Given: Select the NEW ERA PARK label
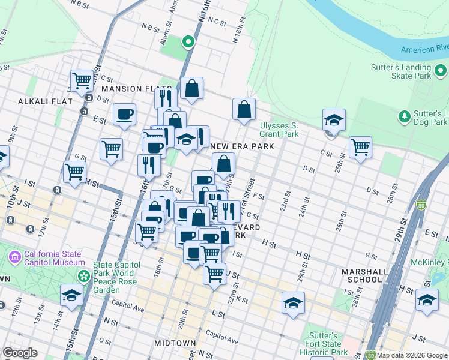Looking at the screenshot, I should click(242, 146).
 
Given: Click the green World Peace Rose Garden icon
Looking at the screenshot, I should click(84, 275).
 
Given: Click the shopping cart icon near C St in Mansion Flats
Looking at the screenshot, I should click(82, 79).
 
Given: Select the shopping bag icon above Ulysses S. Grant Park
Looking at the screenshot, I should click(244, 109).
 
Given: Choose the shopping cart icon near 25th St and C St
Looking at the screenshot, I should click(360, 146).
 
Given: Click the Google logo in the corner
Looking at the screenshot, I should click(20, 353).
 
